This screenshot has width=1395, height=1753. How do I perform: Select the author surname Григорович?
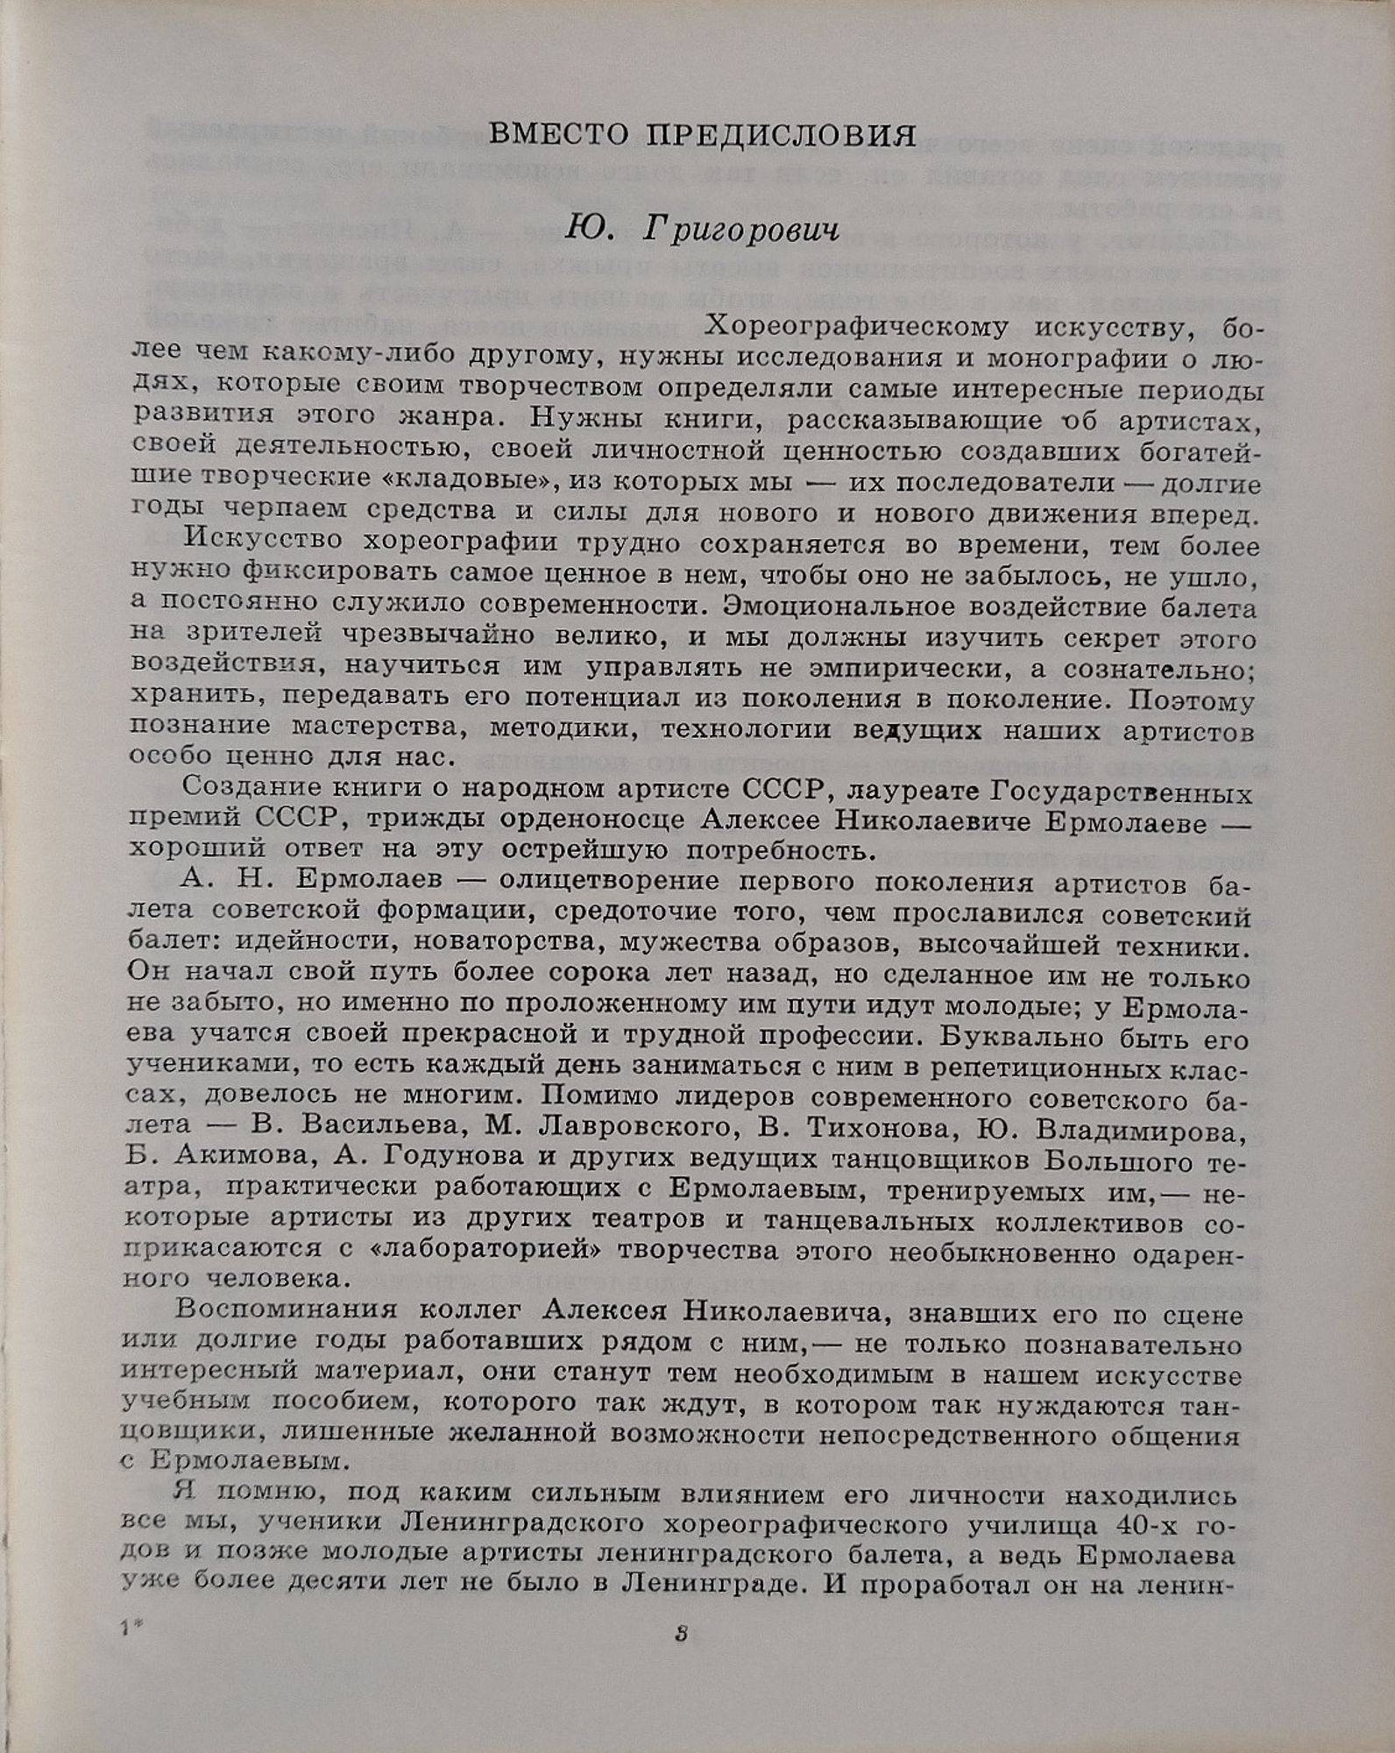[740, 229]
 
